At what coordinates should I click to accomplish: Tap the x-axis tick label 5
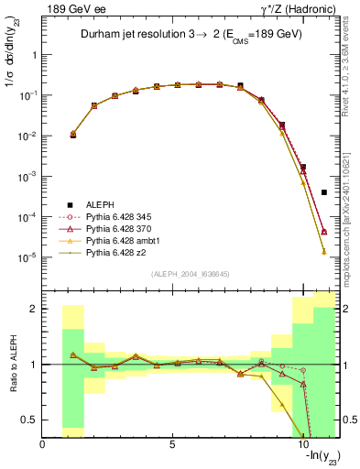tap(173, 445)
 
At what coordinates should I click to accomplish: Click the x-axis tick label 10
tap(303, 445)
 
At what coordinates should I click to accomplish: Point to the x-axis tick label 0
tap(43, 445)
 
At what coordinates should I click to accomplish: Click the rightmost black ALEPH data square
tap(324, 192)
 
